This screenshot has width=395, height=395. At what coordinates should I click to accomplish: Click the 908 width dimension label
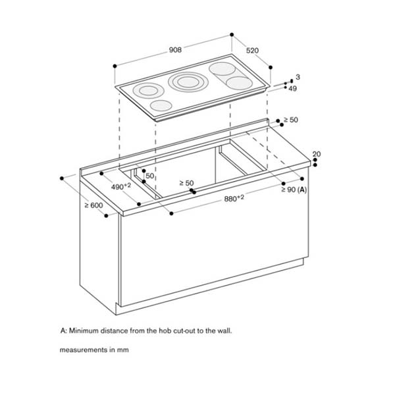pos(176,49)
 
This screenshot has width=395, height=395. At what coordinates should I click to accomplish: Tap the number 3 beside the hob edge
pos(297,78)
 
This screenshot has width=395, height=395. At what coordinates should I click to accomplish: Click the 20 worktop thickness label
pos(317,154)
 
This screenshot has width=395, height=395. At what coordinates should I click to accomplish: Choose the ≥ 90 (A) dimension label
pos(294,190)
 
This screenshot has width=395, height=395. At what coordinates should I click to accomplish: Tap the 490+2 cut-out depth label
pos(120,186)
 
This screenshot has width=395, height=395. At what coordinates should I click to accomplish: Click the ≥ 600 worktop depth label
pos(93,205)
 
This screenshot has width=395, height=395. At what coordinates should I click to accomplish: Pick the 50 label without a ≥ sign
pos(149,176)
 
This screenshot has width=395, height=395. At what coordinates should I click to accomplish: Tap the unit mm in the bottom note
pos(123,350)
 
